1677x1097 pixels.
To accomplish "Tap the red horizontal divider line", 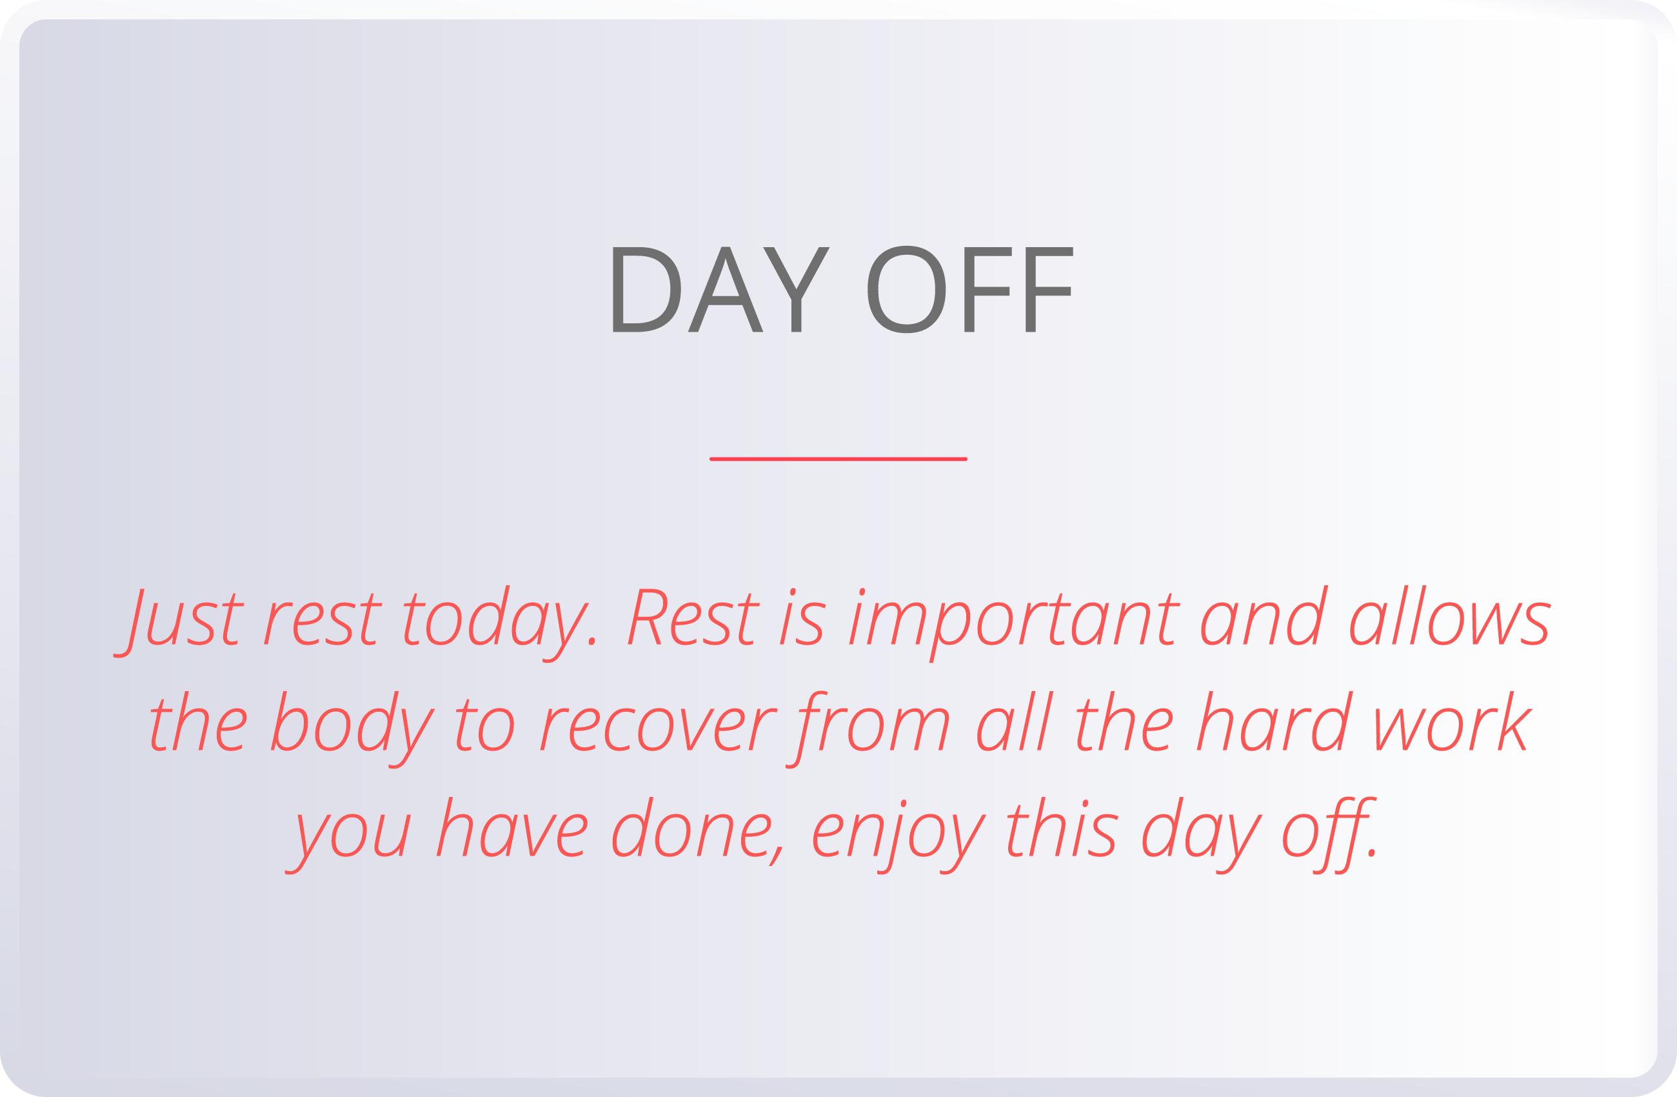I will pyautogui.click(x=838, y=459).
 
